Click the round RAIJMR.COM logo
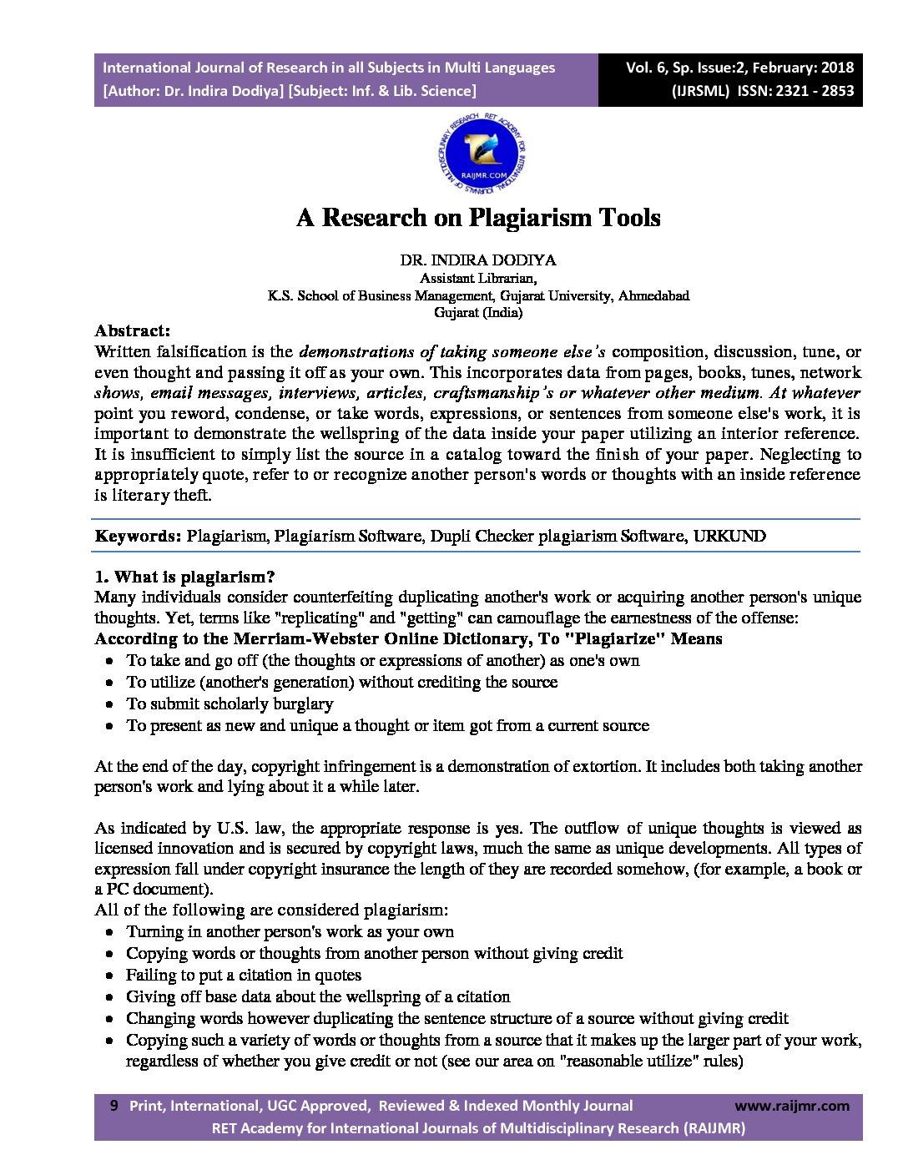(480, 154)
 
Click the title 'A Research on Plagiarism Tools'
(478, 218)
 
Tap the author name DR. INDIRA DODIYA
(478, 260)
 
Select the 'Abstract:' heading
(132, 330)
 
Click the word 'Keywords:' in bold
(138, 536)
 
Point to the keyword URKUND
(729, 536)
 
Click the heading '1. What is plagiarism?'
(184, 577)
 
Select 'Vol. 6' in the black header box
(645, 68)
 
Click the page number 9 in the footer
(114, 1106)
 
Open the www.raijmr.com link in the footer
(792, 1106)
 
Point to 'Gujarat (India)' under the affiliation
(478, 313)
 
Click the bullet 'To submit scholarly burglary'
(230, 703)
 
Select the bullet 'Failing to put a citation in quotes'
(244, 975)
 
